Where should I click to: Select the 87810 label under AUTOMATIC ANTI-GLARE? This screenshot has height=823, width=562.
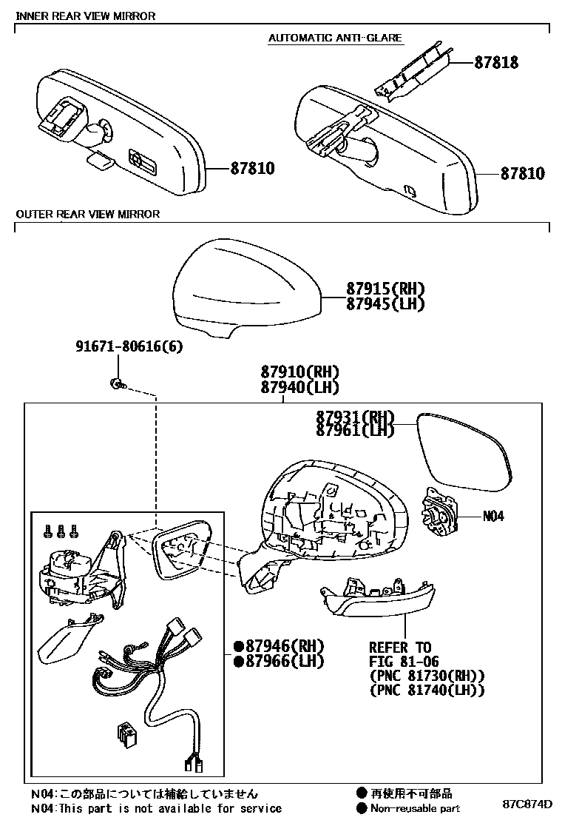click(522, 175)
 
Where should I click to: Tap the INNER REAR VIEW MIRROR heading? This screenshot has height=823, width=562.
click(86, 16)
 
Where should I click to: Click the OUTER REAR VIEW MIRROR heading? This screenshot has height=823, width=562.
click(88, 215)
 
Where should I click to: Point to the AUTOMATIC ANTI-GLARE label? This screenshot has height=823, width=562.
click(335, 38)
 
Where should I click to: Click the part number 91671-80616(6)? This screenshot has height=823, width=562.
click(129, 346)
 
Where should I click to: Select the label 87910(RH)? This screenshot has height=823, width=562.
click(299, 372)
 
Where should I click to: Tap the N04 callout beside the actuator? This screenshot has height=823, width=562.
click(493, 517)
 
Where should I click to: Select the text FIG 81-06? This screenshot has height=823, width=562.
click(405, 662)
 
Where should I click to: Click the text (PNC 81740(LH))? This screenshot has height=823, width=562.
click(427, 691)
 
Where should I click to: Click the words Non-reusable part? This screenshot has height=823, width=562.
click(416, 809)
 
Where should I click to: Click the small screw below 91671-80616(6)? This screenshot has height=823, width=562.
click(117, 383)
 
